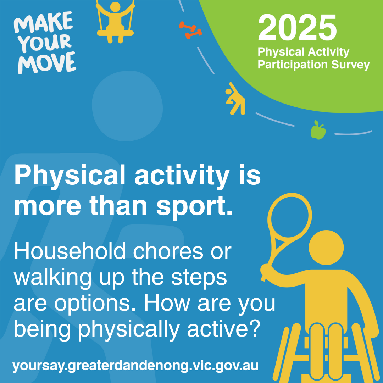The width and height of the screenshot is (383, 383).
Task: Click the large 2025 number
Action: (x=297, y=27)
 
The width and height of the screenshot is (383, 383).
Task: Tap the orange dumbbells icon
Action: (x=190, y=30)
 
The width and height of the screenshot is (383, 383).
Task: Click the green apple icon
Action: (x=318, y=130)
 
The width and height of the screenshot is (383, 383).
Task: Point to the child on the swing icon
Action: (x=115, y=22)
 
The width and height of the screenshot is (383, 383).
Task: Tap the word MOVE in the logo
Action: (x=47, y=63)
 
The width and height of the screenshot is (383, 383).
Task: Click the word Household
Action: (x=70, y=251)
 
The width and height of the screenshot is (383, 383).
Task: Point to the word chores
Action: (x=168, y=251)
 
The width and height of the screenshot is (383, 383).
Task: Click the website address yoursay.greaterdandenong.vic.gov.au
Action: (x=135, y=366)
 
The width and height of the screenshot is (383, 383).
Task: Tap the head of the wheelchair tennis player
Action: (x=326, y=248)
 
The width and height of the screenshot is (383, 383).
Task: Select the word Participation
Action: (x=293, y=65)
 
